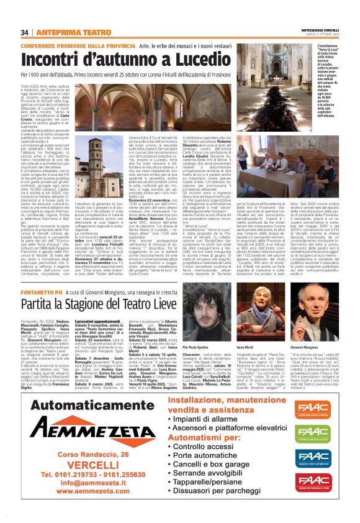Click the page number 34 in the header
coord(24,32)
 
